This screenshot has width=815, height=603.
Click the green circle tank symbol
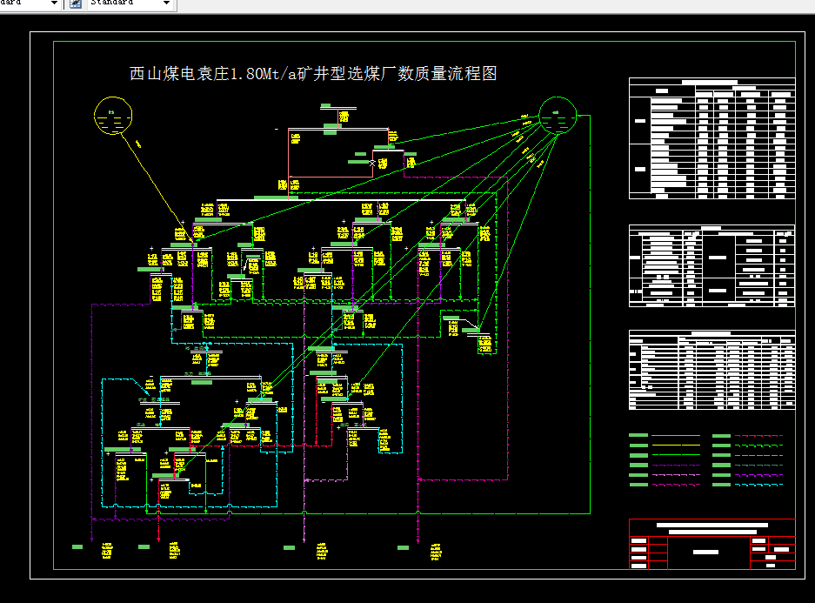pos(558,114)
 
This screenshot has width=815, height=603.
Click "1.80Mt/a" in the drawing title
pos(258,74)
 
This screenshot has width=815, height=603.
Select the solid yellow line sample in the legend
pos(675,445)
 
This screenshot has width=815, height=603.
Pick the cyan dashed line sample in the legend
pos(758,485)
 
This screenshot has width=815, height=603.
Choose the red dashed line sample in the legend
pos(758,435)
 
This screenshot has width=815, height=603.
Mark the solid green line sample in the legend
pos(675,454)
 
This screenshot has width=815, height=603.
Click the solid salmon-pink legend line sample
pos(675,435)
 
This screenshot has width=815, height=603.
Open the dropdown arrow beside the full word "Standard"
pos(166,3)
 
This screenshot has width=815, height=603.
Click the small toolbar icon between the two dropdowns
pos(75,3)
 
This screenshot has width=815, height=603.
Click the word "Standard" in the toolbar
pos(113,3)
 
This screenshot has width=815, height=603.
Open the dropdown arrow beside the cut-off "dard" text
pos(54,3)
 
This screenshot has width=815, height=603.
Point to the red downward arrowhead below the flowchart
pos(158,538)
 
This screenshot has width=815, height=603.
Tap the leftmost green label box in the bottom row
pos(77,547)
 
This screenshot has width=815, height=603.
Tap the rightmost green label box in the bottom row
pos(403,547)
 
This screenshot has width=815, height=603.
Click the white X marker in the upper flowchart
pos(372,163)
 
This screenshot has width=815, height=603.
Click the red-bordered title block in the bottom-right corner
pos(711,544)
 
